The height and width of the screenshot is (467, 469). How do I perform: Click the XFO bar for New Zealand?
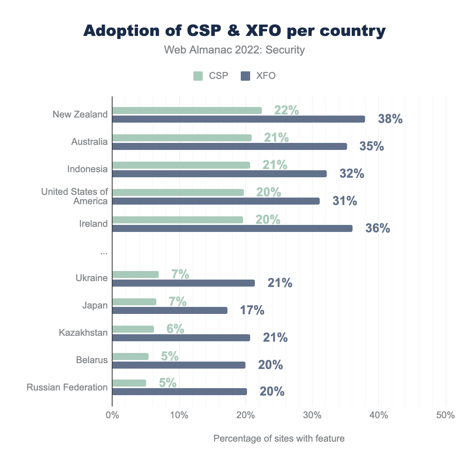pyautogui.click(x=238, y=119)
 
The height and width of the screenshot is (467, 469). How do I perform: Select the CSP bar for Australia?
pyautogui.click(x=182, y=138)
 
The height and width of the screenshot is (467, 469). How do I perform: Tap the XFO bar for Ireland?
pyautogui.click(x=232, y=228)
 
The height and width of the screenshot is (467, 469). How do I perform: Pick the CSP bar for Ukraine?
pyautogui.click(x=135, y=274)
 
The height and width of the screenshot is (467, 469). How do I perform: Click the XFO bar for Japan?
pyautogui.click(x=170, y=310)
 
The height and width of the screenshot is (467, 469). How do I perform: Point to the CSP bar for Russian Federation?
pyautogui.click(x=129, y=383)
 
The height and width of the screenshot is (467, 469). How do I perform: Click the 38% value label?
pyautogui.click(x=390, y=119)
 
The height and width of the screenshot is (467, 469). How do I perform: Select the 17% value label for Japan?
pyautogui.click(x=252, y=310)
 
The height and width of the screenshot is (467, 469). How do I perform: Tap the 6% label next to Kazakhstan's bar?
pyautogui.click(x=175, y=329)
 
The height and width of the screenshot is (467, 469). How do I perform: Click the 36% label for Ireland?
pyautogui.click(x=378, y=228)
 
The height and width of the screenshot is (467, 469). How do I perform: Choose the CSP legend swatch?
pyautogui.click(x=198, y=76)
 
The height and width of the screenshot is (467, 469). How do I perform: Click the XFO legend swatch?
pyautogui.click(x=245, y=76)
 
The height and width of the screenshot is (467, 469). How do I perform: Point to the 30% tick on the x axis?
pyautogui.click(x=312, y=415)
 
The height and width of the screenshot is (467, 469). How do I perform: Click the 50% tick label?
pyautogui.click(x=446, y=415)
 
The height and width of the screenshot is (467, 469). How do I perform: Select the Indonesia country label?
pyautogui.click(x=87, y=169)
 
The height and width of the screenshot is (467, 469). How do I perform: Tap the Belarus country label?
pyautogui.click(x=92, y=360)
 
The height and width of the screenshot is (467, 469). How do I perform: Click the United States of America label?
pyautogui.click(x=74, y=196)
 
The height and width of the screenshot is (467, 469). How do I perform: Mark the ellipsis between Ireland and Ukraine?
pyautogui.click(x=104, y=253)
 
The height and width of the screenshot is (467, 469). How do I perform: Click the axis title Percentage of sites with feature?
pyautogui.click(x=279, y=438)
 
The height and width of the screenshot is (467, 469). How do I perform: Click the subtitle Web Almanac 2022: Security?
pyautogui.click(x=234, y=50)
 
